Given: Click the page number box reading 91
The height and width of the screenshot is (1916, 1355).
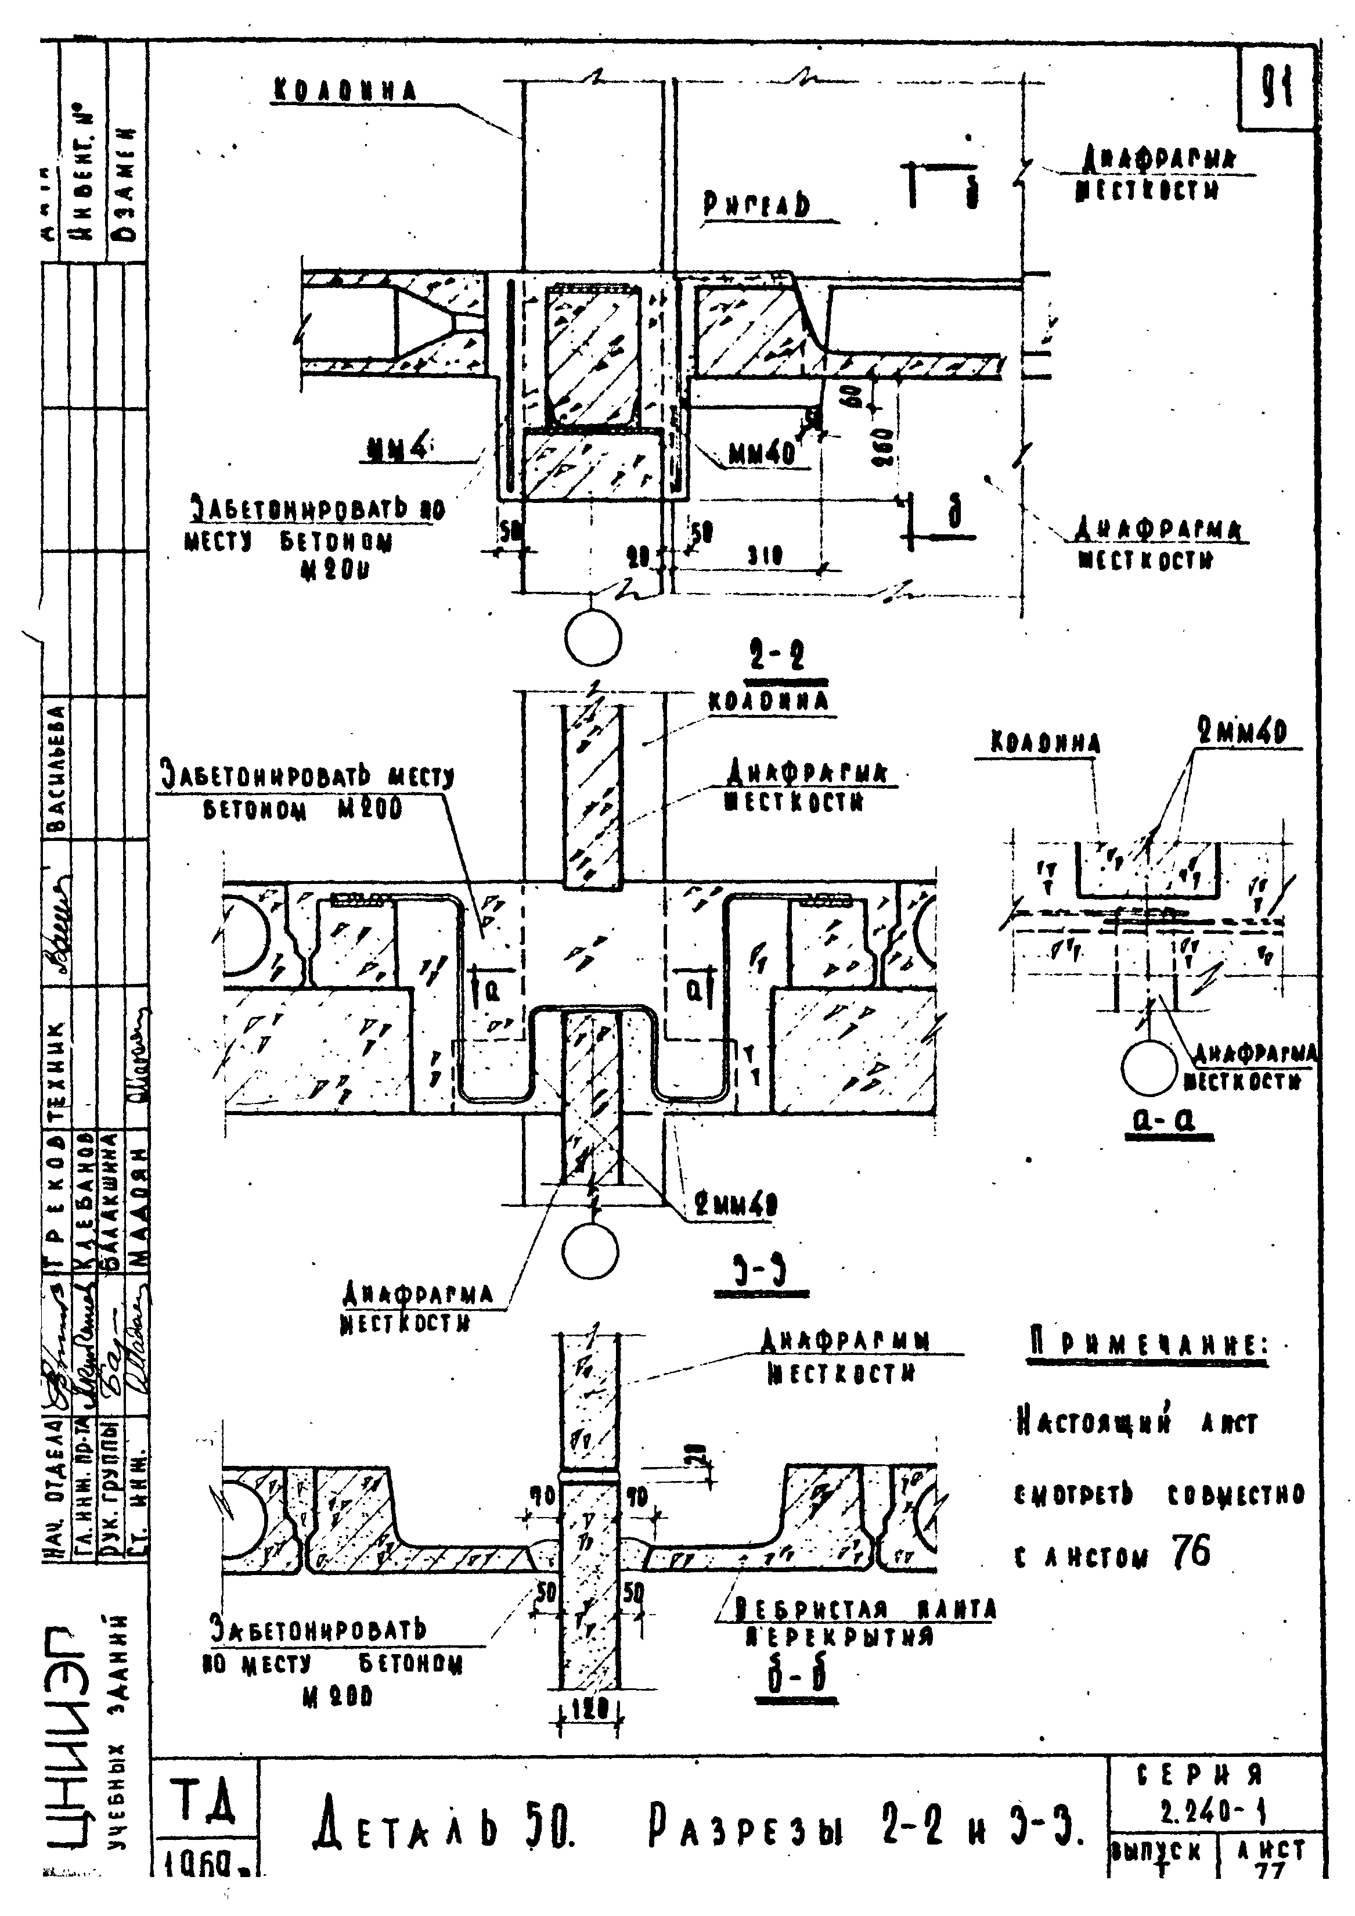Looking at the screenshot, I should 1277,88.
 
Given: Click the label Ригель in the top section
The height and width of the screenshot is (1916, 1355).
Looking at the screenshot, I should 757,204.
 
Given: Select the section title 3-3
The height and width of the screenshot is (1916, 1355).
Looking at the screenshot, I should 761,1272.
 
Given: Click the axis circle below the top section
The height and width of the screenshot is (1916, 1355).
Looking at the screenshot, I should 592,640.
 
